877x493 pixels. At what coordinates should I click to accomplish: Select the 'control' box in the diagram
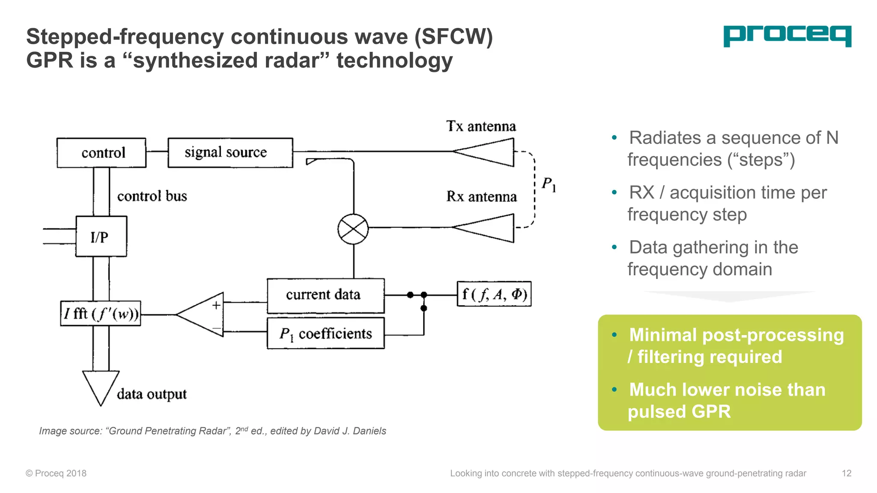101,153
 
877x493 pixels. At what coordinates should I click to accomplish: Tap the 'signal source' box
230,153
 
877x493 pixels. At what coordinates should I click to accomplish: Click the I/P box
101,236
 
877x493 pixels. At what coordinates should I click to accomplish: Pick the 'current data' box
325,295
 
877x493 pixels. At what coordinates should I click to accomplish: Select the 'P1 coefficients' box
325,333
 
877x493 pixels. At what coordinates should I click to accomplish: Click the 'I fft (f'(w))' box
101,314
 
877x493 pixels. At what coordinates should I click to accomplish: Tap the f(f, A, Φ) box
494,294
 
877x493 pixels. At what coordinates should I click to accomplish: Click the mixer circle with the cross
353,229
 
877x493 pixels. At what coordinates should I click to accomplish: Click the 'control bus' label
152,196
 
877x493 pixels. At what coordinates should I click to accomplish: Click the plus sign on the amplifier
216,305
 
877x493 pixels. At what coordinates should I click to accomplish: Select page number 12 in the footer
846,473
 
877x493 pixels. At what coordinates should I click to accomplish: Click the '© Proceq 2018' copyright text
56,473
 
